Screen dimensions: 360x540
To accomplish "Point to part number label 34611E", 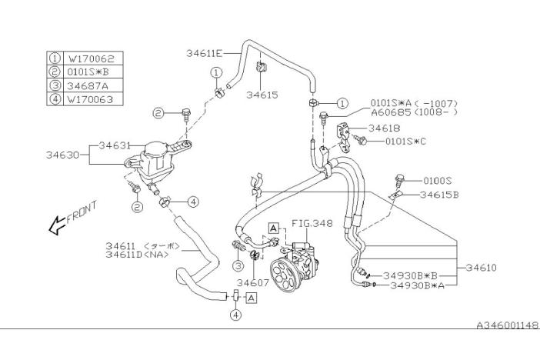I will [204, 53].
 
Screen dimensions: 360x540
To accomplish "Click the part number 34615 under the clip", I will [262, 95].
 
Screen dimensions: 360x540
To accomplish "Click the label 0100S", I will [438, 180].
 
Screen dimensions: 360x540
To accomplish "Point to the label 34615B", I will [439, 195].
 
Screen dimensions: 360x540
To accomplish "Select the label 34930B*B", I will [413, 275].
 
